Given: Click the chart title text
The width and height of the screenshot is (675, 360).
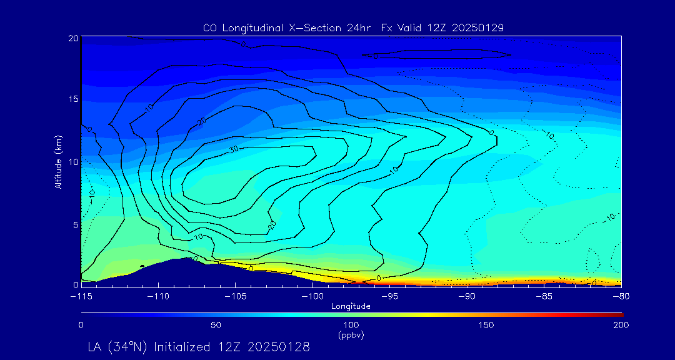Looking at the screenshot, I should (x=353, y=27).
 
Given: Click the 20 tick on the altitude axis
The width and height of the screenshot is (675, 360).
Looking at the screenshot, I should (x=72, y=38).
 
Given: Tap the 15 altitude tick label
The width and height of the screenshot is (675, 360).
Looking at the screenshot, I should (x=72, y=99).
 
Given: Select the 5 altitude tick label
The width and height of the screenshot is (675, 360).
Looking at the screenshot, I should (x=75, y=224).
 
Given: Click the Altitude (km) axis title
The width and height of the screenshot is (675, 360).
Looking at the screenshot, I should (x=58, y=161).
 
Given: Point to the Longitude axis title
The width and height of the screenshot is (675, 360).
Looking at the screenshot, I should (x=351, y=306).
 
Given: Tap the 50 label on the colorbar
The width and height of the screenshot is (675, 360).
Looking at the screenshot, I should (x=216, y=325).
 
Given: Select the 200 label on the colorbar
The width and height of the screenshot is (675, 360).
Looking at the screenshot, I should (x=621, y=325).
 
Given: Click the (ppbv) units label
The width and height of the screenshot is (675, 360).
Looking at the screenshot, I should (x=351, y=335).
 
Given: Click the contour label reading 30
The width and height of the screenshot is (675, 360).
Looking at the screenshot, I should (x=234, y=149).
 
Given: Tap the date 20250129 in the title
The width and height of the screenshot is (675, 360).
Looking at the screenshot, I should (x=475, y=27).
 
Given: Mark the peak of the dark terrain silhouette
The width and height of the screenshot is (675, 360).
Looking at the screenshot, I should (x=186, y=258).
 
